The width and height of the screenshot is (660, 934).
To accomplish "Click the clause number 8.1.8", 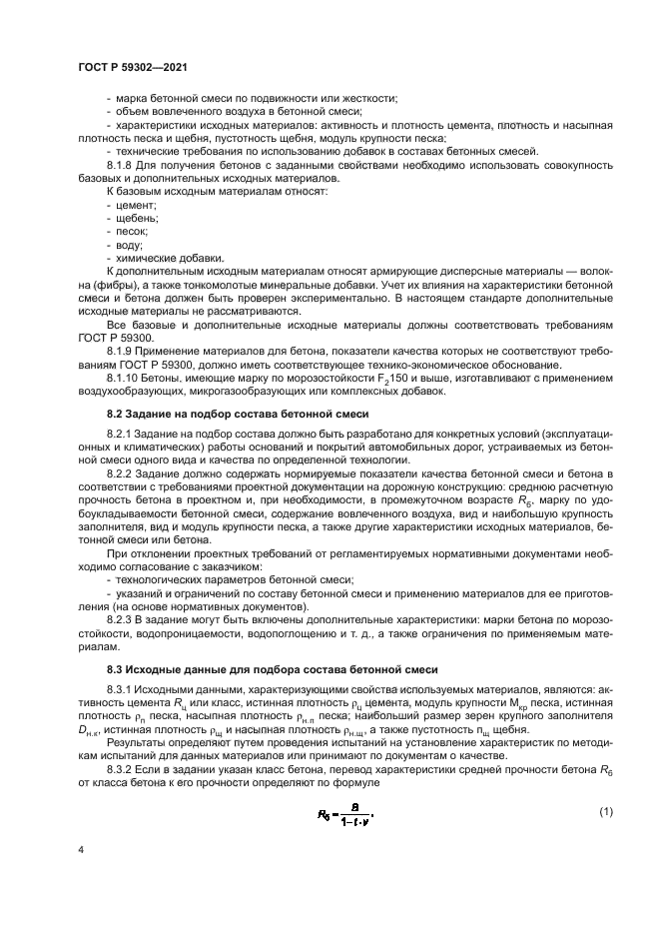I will click(x=122, y=164).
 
